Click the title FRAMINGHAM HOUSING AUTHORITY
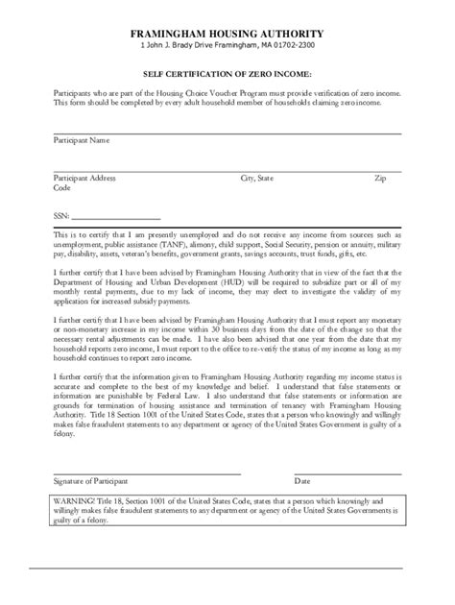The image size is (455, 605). [x=227, y=33]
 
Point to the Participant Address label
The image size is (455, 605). [x=84, y=179]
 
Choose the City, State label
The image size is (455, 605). [x=256, y=179]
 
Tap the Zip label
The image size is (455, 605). [x=380, y=179]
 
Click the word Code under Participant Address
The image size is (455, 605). [x=61, y=188]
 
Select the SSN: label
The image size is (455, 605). [x=61, y=217]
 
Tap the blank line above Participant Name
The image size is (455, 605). [x=227, y=133]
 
